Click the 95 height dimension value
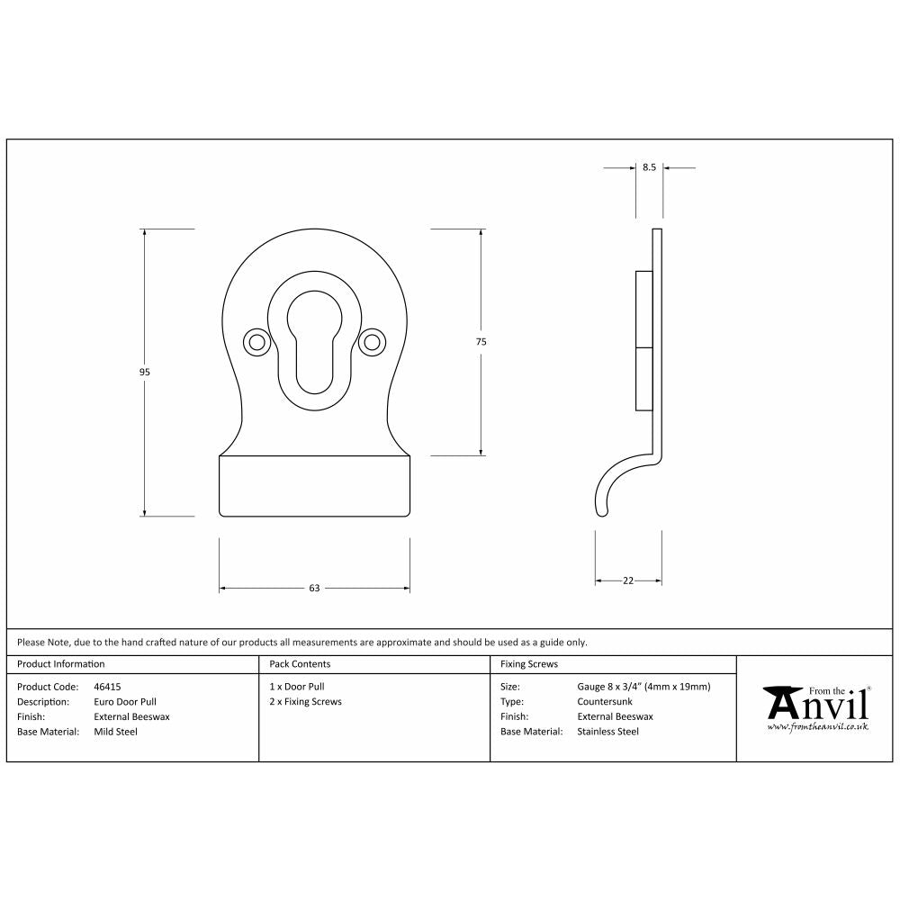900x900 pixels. [145, 373]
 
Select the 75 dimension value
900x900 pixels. [481, 342]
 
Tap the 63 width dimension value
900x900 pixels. [314, 589]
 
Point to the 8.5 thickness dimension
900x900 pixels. [649, 167]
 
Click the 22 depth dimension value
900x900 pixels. [628, 581]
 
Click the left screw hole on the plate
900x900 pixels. [256, 342]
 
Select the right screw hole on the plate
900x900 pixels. [371, 342]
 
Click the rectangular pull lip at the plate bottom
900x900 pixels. [314, 486]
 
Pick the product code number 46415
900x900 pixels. [108, 687]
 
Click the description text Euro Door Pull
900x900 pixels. [124, 702]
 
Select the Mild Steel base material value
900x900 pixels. [116, 732]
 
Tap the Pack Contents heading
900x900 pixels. [300, 664]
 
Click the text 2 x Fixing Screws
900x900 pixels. [306, 702]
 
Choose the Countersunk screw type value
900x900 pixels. [606, 702]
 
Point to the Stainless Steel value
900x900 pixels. [607, 732]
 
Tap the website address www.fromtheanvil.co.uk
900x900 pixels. [817, 726]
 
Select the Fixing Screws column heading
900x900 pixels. [529, 664]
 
